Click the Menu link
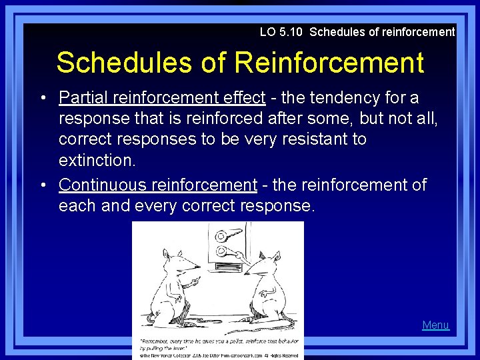pyautogui.click(x=435, y=325)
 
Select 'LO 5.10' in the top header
pyautogui.click(x=282, y=31)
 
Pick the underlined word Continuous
pyautogui.click(x=103, y=185)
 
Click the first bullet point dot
pyautogui.click(x=41, y=99)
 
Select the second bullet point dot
pyautogui.click(x=41, y=185)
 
